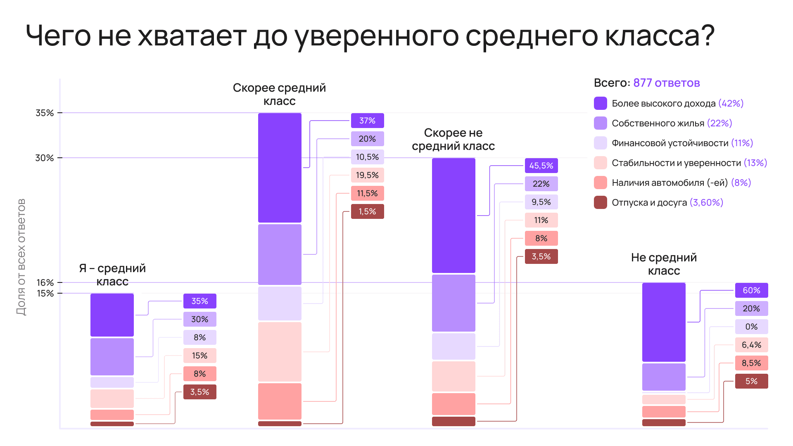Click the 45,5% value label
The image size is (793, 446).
pyautogui.click(x=541, y=166)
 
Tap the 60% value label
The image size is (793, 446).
pyautogui.click(x=751, y=290)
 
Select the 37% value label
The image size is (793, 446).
pyautogui.click(x=367, y=121)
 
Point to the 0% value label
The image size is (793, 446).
pyautogui.click(x=751, y=327)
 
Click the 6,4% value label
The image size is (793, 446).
pyautogui.click(x=751, y=345)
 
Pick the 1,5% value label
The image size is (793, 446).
pyautogui.click(x=367, y=211)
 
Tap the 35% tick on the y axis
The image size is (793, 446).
pyautogui.click(x=45, y=113)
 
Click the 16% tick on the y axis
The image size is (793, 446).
pyautogui.click(x=45, y=282)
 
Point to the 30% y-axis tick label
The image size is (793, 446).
pyautogui.click(x=45, y=158)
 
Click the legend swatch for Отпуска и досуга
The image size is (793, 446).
pyautogui.click(x=600, y=202)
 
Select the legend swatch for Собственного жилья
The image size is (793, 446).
pyautogui.click(x=600, y=123)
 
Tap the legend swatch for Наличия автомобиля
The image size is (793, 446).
pyautogui.click(x=600, y=183)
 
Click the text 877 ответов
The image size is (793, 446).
pyautogui.click(x=666, y=83)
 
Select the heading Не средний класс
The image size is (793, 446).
pyautogui.click(x=664, y=264)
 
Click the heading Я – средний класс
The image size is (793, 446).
pyautogui.click(x=112, y=275)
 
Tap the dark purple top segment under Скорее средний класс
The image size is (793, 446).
pyautogui.click(x=280, y=168)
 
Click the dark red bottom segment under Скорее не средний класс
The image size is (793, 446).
pyautogui.click(x=453, y=421)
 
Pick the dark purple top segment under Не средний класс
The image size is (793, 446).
pyautogui.click(x=664, y=322)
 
